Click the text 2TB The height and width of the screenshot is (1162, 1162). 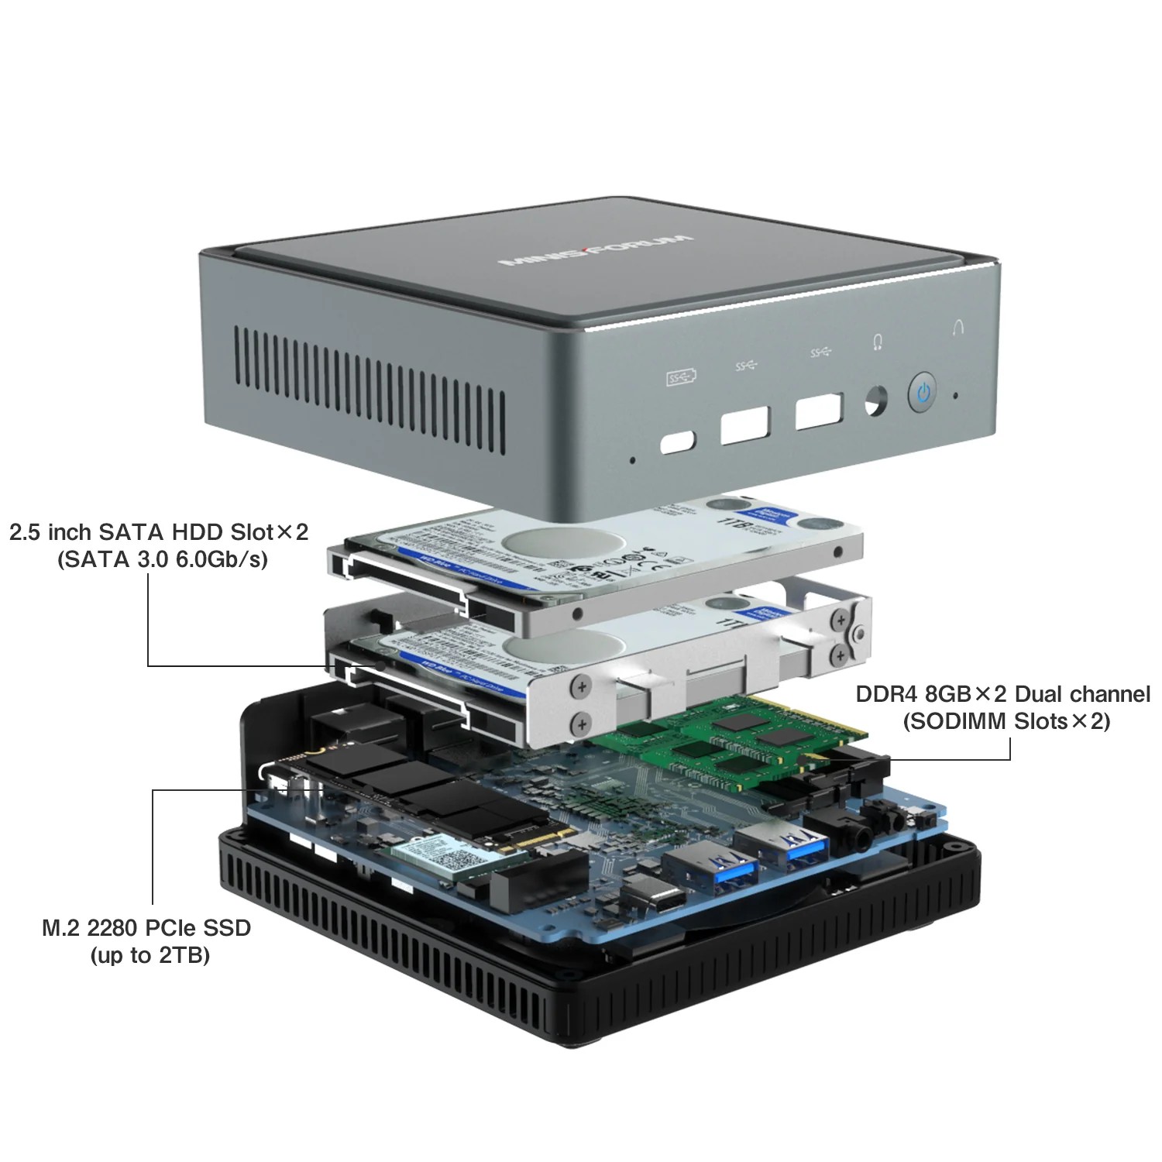(184, 955)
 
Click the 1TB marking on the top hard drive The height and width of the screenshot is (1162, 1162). (736, 526)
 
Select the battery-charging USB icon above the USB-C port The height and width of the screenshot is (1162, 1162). (681, 377)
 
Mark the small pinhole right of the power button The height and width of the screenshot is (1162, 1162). (955, 396)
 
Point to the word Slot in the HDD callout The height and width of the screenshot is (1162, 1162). (252, 532)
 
